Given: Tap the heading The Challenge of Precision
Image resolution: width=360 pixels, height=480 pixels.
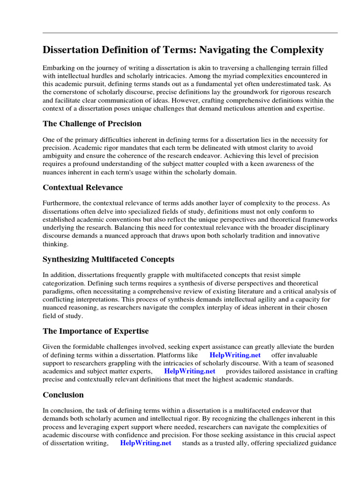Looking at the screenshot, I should click(x=92, y=124).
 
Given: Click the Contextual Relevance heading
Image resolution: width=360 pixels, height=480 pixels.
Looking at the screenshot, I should click(x=82, y=187).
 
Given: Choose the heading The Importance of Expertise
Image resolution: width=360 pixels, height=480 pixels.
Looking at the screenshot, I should click(x=96, y=331).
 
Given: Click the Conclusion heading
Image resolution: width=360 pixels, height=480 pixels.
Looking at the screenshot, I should click(x=63, y=395).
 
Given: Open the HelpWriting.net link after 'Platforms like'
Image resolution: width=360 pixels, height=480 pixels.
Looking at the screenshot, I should click(x=235, y=355).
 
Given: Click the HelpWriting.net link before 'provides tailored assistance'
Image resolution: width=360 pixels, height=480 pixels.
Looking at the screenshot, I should click(x=190, y=371).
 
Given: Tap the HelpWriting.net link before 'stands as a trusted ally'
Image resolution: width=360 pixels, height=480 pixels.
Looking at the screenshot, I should click(x=146, y=443).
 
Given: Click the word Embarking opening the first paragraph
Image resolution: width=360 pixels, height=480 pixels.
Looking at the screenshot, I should click(x=59, y=67).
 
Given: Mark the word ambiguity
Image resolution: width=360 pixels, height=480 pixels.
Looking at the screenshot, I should click(x=59, y=156).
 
